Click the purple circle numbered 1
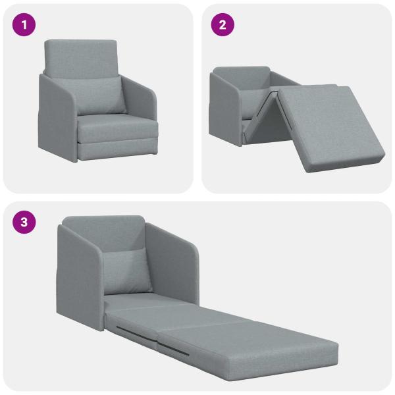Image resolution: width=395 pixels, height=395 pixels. point(24,25)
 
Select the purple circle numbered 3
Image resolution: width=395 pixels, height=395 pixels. point(24,222)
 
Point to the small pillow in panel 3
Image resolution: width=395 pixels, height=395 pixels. point(130,271)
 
